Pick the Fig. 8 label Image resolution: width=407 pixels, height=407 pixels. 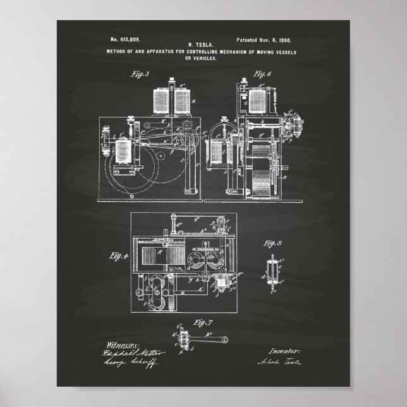(273, 243)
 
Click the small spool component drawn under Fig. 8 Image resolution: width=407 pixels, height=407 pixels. (273, 269)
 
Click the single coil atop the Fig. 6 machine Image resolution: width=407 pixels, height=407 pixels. (257, 100)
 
